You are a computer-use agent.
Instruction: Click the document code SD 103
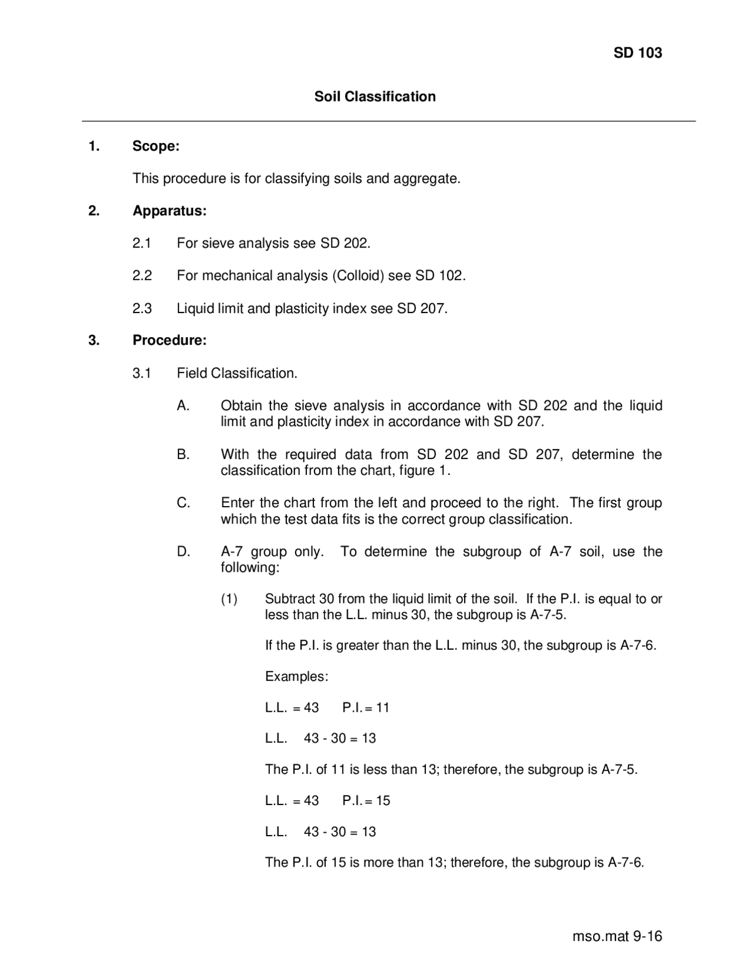pos(637,53)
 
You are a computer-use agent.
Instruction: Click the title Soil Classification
pos(375,97)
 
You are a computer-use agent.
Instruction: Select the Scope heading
pos(155,146)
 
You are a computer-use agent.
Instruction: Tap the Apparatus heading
pos(169,211)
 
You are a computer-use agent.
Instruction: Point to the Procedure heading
pos(169,340)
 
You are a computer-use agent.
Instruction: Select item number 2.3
pos(142,308)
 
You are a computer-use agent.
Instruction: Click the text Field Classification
pos(237,374)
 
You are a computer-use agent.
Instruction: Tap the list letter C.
pos(183,503)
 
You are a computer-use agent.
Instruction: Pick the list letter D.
pos(183,552)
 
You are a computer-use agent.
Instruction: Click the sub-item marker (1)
pos(229,599)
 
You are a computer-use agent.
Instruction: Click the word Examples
pos(296,677)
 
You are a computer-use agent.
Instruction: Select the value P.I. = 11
pos(366,708)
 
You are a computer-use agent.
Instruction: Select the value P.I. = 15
pos(366,801)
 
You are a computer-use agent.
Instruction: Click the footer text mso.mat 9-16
pos(617,936)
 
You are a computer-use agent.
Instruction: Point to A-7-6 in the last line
pos(625,863)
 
